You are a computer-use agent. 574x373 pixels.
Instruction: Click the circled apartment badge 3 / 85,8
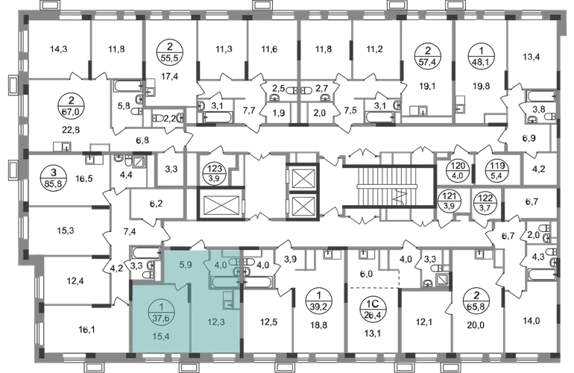[54, 178]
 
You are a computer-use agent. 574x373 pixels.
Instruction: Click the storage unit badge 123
[215, 173]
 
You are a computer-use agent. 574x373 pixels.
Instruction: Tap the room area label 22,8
[71, 130]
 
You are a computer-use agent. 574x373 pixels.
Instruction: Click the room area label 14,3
[58, 48]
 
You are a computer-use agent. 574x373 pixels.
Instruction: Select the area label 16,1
[86, 330]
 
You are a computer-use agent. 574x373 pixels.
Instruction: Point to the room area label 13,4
[532, 57]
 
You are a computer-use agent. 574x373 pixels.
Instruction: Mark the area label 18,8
[320, 325]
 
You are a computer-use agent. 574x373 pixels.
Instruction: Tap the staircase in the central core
[389, 186]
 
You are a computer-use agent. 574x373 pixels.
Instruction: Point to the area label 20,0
[476, 325]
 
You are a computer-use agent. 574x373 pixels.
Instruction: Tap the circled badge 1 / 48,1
[482, 57]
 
